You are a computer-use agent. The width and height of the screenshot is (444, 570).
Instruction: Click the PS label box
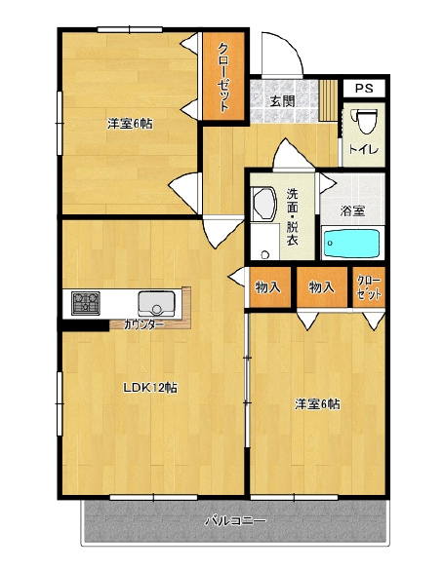coord(364,88)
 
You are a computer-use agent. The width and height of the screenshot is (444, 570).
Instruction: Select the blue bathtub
coord(352,243)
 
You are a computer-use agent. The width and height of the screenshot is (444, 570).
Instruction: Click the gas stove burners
coord(86,303)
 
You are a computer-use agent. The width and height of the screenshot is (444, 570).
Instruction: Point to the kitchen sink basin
coord(156,304)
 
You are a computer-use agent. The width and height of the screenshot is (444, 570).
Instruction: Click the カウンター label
coord(144,324)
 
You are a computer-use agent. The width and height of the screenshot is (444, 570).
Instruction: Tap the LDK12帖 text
coord(150,388)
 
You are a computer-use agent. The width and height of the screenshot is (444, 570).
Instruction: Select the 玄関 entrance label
coord(282,100)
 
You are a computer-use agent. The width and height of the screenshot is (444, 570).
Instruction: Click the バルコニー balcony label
coord(235,521)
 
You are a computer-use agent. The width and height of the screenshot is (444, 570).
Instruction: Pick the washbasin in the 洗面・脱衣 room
coord(264,204)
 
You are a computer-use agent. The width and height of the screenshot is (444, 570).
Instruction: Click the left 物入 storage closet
coord(269,287)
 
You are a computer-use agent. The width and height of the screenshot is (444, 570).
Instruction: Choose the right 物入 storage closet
coord(321,287)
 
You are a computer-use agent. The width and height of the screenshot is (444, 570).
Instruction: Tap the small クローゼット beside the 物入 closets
coord(369,287)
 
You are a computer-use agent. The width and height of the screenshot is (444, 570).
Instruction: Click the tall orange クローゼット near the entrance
coord(223,76)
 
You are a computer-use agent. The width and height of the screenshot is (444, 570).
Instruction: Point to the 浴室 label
coord(352,210)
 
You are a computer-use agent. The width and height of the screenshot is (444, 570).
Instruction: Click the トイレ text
coord(364,149)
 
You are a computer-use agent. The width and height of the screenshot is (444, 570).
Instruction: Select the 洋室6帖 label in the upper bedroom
coord(130,124)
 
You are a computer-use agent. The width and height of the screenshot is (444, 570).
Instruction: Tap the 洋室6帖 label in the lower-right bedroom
coord(317,403)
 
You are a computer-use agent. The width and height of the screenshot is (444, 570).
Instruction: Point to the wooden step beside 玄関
coord(329,100)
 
